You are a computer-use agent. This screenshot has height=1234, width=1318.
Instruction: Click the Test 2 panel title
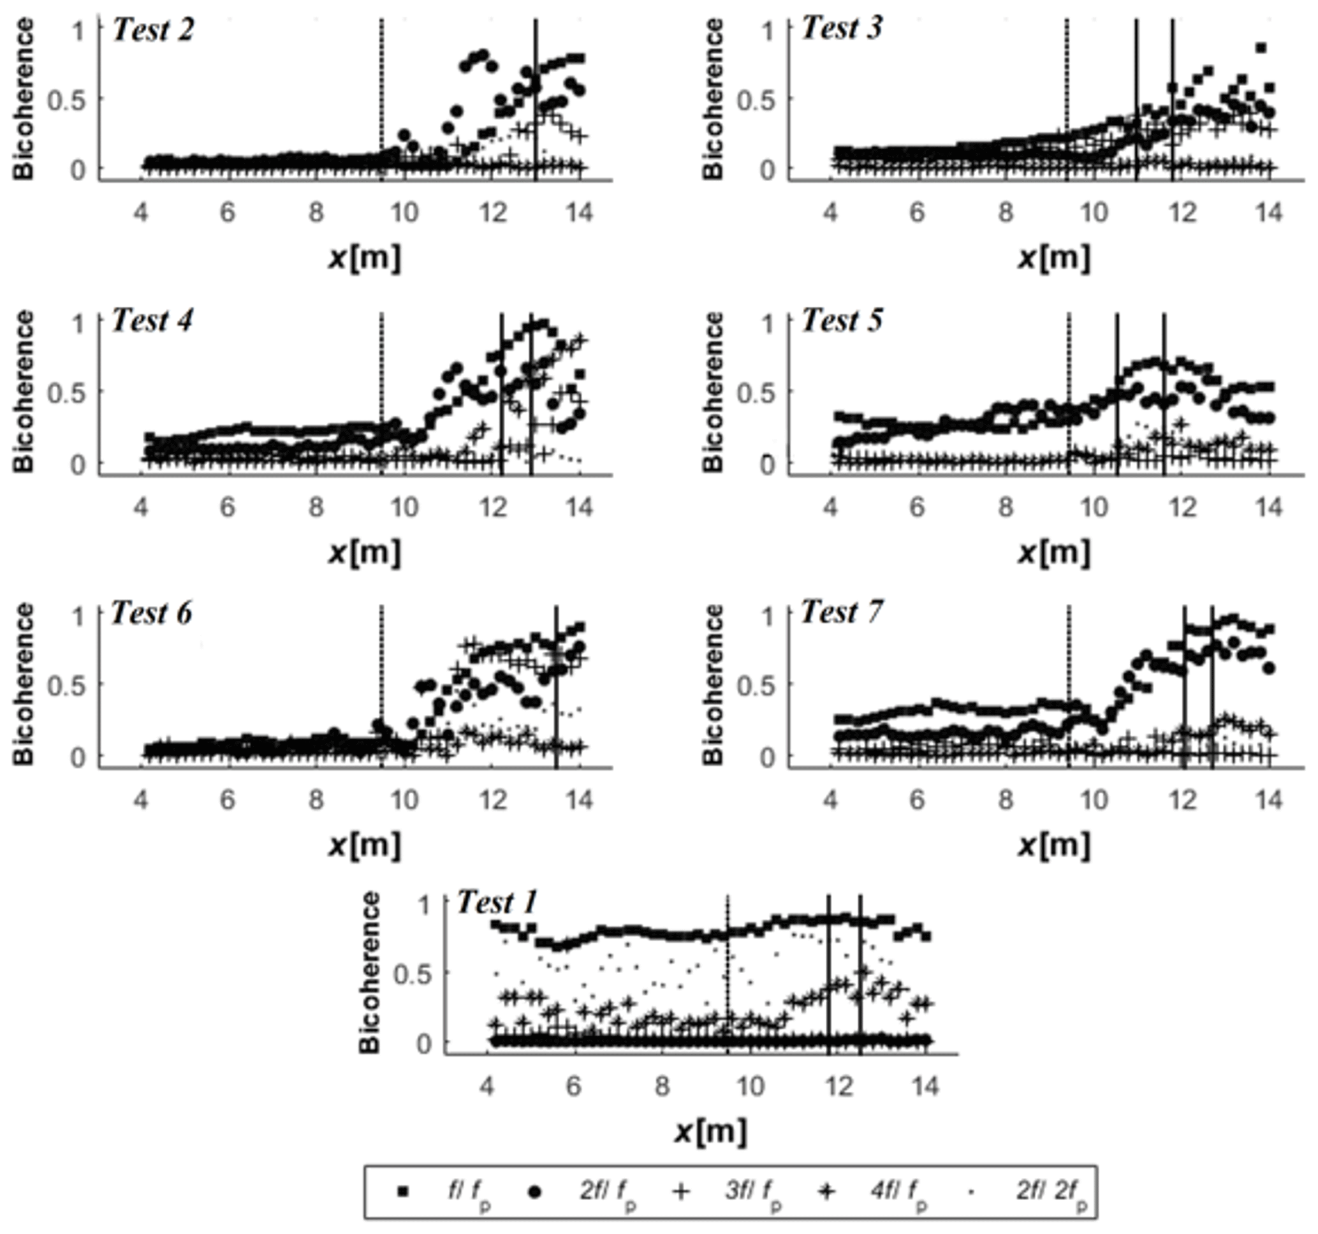click(x=153, y=30)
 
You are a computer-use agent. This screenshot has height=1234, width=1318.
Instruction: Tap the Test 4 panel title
click(x=152, y=321)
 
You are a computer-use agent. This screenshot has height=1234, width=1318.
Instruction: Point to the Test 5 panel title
click(x=842, y=321)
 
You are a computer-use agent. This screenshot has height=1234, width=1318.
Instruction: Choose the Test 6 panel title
click(x=151, y=613)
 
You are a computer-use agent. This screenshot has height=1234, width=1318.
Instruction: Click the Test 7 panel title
click(x=842, y=612)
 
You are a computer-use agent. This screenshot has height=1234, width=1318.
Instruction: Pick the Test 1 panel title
click(x=497, y=902)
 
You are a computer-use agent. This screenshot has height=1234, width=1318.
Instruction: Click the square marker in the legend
click(x=402, y=1191)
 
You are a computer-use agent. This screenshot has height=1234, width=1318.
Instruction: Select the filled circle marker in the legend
click(x=534, y=1191)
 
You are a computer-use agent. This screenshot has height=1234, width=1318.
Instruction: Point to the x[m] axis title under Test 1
click(x=710, y=1132)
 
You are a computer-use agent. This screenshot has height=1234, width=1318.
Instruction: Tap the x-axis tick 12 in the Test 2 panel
click(x=493, y=213)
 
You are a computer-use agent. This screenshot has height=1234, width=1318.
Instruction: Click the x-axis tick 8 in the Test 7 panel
click(x=1006, y=800)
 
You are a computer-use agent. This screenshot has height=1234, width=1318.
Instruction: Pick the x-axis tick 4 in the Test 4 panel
click(x=140, y=507)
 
